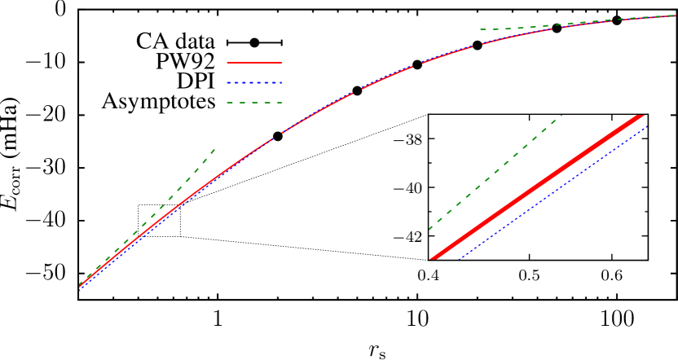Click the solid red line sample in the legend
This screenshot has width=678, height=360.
[254, 62]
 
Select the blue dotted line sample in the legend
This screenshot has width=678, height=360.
[254, 82]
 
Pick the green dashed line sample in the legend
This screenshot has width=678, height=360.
[254, 103]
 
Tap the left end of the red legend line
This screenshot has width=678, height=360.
[227, 62]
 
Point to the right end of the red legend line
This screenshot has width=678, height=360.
[282, 62]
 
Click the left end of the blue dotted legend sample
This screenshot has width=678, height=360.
[227, 82]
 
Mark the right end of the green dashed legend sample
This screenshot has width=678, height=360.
[282, 103]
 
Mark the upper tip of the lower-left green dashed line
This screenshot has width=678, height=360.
[215, 148]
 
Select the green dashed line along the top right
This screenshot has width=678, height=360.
[570, 24]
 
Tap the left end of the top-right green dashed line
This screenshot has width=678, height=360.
[481, 29]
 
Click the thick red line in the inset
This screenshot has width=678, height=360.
[538, 187]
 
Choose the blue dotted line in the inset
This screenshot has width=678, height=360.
[554, 192]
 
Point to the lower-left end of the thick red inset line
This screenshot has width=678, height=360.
[433, 259]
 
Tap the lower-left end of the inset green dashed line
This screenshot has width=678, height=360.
[429, 229]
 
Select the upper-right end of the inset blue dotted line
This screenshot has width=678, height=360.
[647, 126]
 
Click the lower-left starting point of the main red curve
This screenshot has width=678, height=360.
[80, 287]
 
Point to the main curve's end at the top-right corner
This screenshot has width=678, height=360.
[676, 15]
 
